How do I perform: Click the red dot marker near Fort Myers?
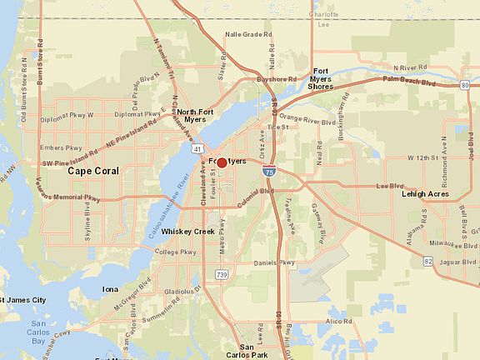(222, 162)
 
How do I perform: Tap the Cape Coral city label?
(93, 171)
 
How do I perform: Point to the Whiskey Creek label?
(187, 231)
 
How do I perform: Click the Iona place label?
(111, 289)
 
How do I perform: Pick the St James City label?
(23, 299)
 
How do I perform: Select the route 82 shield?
(427, 262)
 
